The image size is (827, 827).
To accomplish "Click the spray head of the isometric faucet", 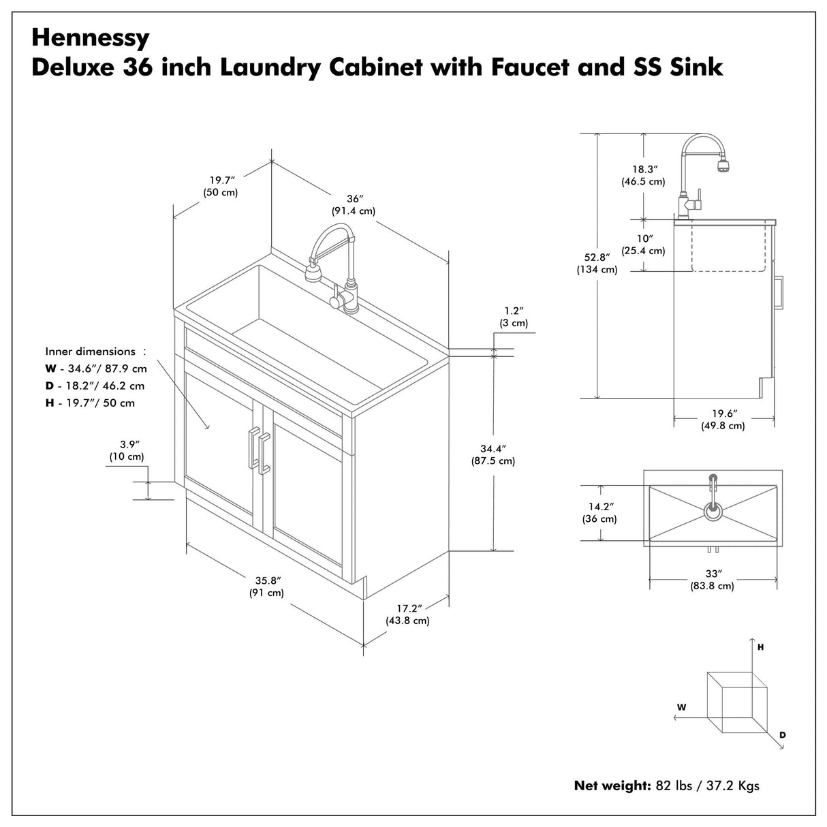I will click(312, 275).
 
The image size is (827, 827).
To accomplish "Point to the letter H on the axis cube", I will click(760, 647).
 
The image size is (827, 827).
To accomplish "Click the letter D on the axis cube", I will click(783, 735).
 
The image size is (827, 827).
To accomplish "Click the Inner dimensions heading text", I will click(91, 352).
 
